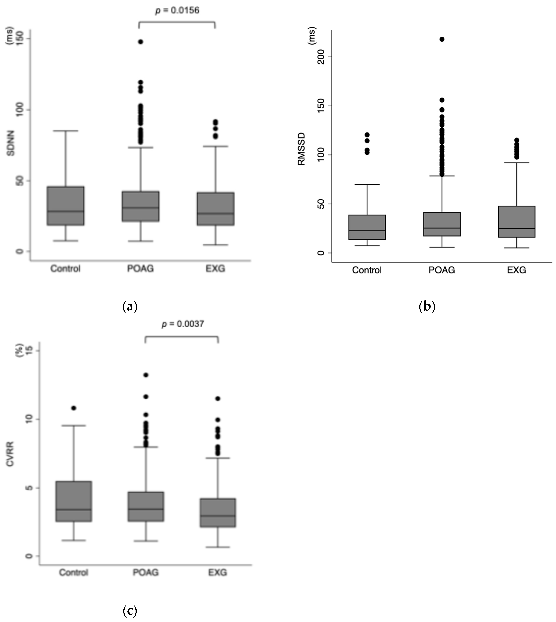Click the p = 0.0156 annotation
(177, 10)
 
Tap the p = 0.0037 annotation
(183, 324)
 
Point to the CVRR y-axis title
(10, 453)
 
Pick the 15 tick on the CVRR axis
(29, 350)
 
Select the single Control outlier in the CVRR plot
(74, 408)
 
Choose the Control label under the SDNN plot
(65, 269)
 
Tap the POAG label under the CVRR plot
(146, 572)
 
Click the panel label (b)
(427, 306)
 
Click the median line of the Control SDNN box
(66, 211)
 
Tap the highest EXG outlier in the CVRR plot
(218, 399)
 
